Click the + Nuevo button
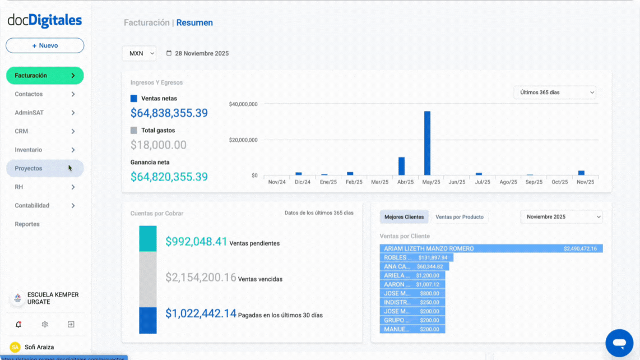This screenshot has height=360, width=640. (45, 45)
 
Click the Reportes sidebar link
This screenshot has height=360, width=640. (27, 224)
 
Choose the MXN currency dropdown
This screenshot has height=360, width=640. (139, 54)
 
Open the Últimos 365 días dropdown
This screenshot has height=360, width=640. (554, 93)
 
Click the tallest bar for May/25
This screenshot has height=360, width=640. (427, 143)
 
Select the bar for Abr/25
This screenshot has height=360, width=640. (401, 166)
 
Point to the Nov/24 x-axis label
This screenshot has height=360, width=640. (277, 182)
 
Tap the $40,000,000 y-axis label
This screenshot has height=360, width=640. (243, 104)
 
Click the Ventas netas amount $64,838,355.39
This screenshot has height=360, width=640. (169, 113)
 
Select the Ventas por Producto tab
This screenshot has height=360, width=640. (460, 217)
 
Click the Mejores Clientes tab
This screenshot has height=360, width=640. (404, 217)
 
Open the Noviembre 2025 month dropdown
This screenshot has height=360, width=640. (561, 217)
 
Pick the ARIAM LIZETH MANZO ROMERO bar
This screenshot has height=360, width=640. (491, 248)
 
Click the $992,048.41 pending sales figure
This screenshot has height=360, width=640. (196, 242)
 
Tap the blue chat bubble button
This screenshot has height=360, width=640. (619, 343)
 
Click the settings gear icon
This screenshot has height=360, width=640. (45, 324)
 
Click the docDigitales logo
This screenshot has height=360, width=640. (45, 21)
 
